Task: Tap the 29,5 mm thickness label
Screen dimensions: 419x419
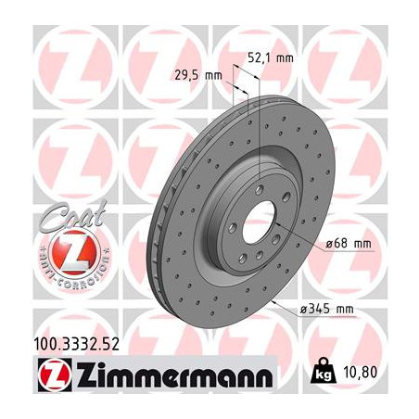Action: (197, 76)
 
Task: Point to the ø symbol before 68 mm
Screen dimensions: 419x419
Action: (329, 243)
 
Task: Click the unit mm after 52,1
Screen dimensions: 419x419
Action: (286, 58)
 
